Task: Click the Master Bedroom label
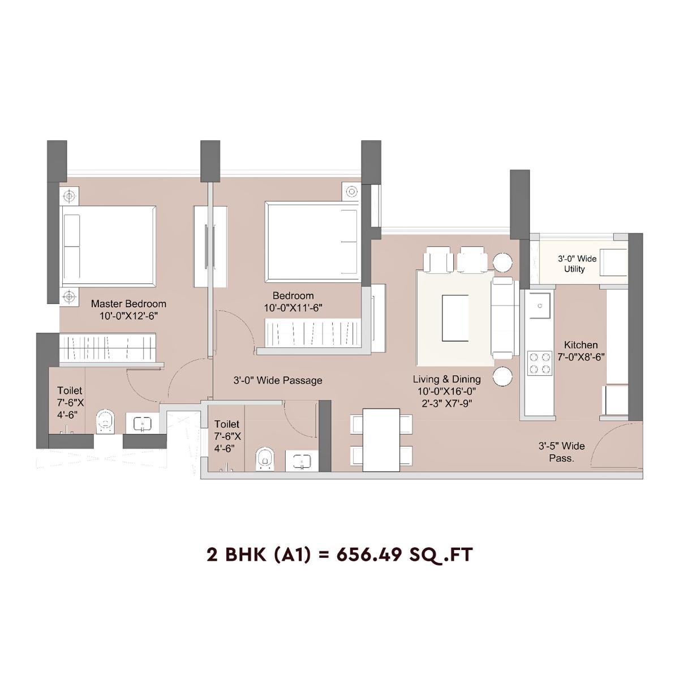coord(128,304)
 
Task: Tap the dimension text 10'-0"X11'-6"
coord(293,308)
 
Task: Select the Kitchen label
coord(581,345)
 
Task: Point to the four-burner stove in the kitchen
coord(539,363)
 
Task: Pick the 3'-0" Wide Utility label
coord(577,264)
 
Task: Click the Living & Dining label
coord(446,379)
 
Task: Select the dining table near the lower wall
coord(381,440)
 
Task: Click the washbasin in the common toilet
coord(302,461)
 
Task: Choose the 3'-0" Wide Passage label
coord(278,380)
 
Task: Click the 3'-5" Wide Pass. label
coord(561,452)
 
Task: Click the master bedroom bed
coord(108,246)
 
